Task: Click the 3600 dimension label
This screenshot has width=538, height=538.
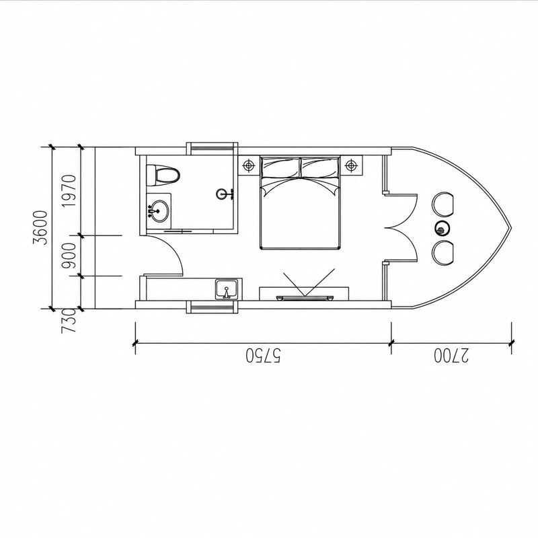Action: pos(40,227)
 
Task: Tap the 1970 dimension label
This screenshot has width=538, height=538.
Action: pos(69,191)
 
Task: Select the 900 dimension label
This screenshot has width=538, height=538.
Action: pos(69,256)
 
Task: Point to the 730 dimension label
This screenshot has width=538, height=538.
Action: pos(69,321)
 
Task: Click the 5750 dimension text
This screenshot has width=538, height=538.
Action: pos(263,356)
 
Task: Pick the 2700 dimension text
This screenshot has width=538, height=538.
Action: pos(451,356)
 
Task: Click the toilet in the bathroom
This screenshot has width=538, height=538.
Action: pos(163,176)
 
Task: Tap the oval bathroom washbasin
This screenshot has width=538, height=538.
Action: pos(159,210)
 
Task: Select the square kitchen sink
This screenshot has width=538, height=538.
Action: pos(227,290)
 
